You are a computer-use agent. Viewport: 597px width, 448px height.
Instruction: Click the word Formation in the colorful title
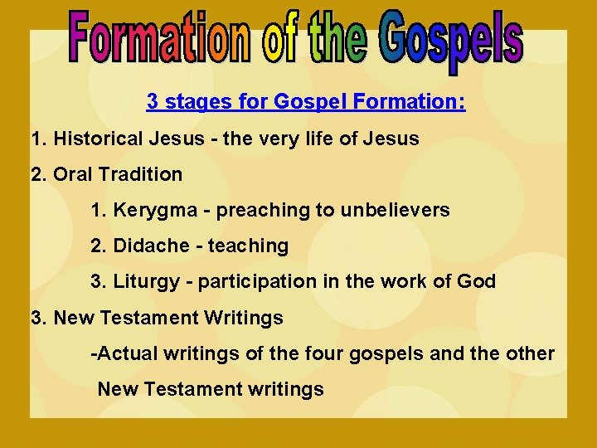(x=158, y=38)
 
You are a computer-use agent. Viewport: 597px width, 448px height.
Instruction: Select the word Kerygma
(x=161, y=210)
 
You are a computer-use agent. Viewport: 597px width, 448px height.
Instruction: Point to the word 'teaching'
(x=248, y=246)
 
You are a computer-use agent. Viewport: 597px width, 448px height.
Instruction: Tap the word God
(x=476, y=281)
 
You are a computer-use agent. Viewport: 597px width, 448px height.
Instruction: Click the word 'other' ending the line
(x=529, y=353)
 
